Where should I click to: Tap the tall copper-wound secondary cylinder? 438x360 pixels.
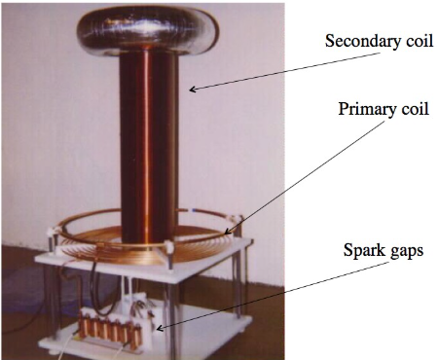[151, 146]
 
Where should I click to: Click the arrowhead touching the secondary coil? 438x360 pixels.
[192, 90]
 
